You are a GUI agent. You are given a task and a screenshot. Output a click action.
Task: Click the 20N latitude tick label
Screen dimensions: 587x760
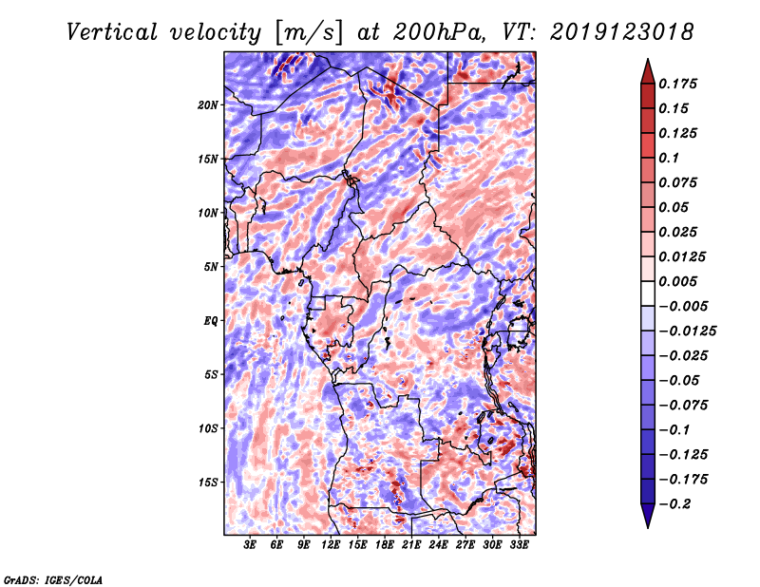(208, 104)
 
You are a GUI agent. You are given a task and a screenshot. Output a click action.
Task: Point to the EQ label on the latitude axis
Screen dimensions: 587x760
(210, 321)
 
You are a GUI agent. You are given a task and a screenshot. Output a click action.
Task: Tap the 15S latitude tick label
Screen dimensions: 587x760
(208, 483)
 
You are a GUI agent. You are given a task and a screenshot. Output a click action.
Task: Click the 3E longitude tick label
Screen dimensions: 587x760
(251, 545)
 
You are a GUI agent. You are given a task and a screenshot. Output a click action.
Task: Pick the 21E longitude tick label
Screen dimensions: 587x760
(411, 545)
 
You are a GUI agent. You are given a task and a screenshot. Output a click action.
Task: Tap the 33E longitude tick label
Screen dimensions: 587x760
(519, 545)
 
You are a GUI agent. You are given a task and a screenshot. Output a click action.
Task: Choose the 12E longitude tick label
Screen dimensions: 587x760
(331, 545)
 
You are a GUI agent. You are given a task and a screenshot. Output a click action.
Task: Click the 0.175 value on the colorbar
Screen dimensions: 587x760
(680, 84)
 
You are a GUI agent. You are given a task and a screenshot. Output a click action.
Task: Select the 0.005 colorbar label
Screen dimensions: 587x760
(680, 281)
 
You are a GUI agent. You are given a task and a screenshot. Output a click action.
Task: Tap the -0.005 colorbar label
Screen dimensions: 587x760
(683, 306)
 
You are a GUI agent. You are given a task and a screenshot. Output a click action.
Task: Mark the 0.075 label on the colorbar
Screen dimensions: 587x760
(680, 182)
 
